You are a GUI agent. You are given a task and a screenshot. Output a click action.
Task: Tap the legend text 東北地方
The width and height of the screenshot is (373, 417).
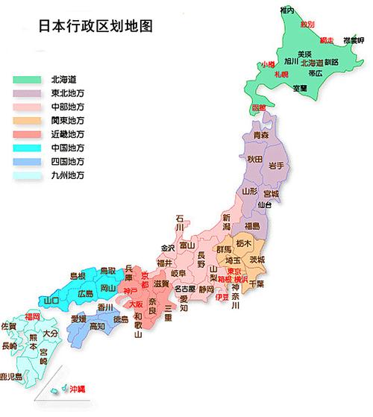[x=67, y=94]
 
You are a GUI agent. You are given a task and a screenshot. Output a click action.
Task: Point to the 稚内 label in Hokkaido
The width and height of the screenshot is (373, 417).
[x=287, y=10]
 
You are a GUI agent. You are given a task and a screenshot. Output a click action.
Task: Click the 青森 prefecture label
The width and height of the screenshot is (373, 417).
[x=261, y=135]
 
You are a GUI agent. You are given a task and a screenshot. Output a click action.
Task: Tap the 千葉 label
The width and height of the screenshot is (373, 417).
[x=255, y=284]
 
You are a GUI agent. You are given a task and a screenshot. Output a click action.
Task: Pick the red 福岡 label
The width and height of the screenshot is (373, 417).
[x=32, y=317]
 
